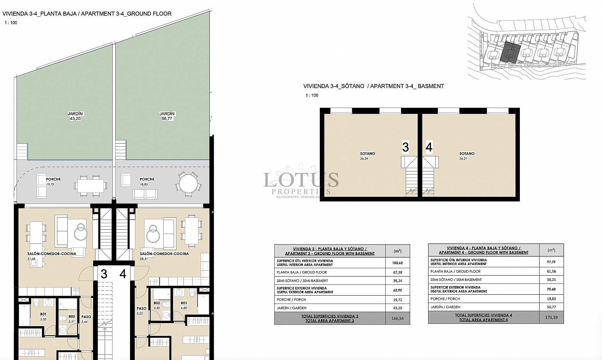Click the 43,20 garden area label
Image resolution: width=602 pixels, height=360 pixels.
pyautogui.click(x=75, y=116)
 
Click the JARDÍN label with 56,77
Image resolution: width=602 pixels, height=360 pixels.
pyautogui.click(x=167, y=116)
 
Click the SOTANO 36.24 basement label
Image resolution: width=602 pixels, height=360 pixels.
pyautogui.click(x=367, y=156)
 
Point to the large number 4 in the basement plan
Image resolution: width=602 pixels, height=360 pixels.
pyautogui.click(x=429, y=147)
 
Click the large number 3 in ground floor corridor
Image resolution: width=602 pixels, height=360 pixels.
pyautogui.click(x=104, y=274)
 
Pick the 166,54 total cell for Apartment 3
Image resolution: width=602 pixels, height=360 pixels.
pyautogui.click(x=397, y=318)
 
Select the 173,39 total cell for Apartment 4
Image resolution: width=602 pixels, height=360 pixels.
pyautogui.click(x=551, y=317)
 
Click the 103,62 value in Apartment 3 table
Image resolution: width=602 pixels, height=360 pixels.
pyautogui.click(x=397, y=263)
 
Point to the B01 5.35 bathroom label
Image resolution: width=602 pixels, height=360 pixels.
pyautogui.click(x=43, y=316)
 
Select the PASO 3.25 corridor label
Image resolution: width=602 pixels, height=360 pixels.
pyautogui.click(x=141, y=311)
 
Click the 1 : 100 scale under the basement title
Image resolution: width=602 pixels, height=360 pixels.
pyautogui.click(x=312, y=95)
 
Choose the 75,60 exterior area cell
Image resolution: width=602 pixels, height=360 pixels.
pyautogui.click(x=551, y=289)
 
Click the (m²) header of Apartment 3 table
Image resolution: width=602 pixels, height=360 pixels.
pyautogui.click(x=397, y=251)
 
